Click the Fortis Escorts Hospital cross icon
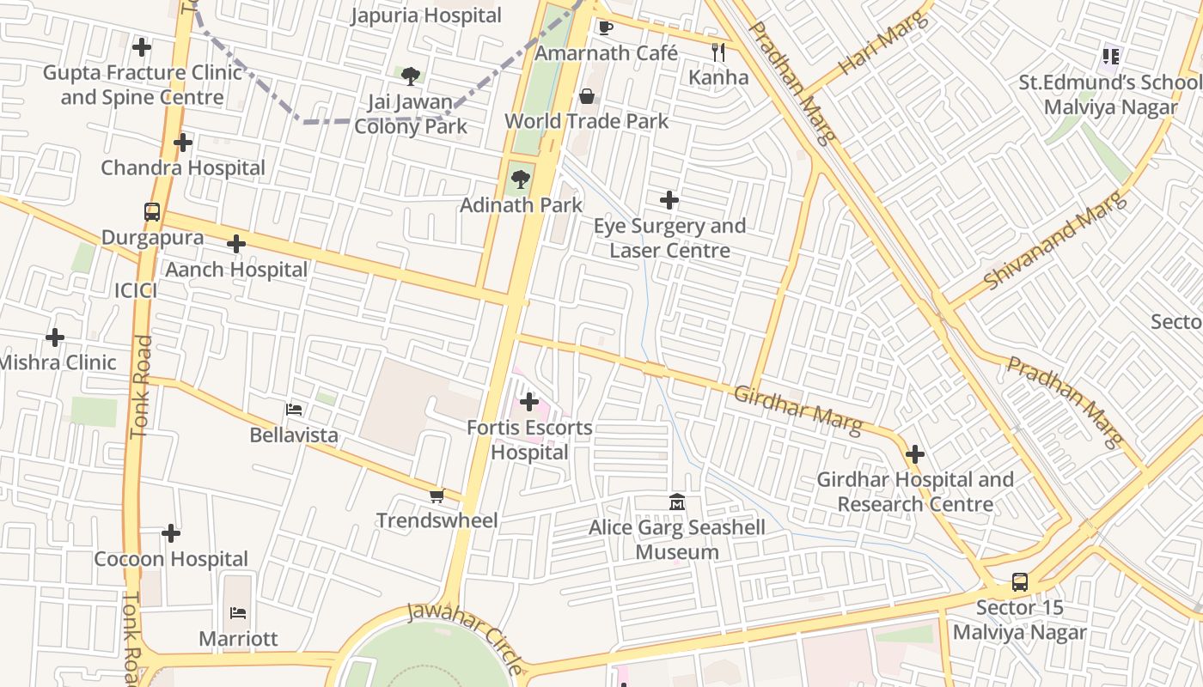click(x=529, y=401)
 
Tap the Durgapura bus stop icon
click(x=152, y=211)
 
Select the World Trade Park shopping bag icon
click(x=587, y=96)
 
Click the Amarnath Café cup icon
click(x=606, y=27)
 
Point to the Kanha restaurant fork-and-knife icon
click(x=718, y=52)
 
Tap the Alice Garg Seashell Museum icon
click(x=677, y=502)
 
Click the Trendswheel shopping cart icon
click(x=437, y=495)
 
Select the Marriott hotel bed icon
click(x=238, y=613)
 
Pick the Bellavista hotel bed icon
click(x=294, y=410)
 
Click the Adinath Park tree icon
click(x=520, y=179)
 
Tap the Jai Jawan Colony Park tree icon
click(x=411, y=76)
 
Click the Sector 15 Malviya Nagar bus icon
click(x=1019, y=581)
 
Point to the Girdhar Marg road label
click(x=798, y=410)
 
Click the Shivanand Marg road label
click(x=1055, y=240)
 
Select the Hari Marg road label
click(x=884, y=43)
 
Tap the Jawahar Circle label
click(x=464, y=638)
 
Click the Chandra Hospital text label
click(x=183, y=167)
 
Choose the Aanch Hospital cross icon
click(x=236, y=244)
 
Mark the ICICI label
click(x=136, y=290)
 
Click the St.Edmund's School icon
click(x=1111, y=57)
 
